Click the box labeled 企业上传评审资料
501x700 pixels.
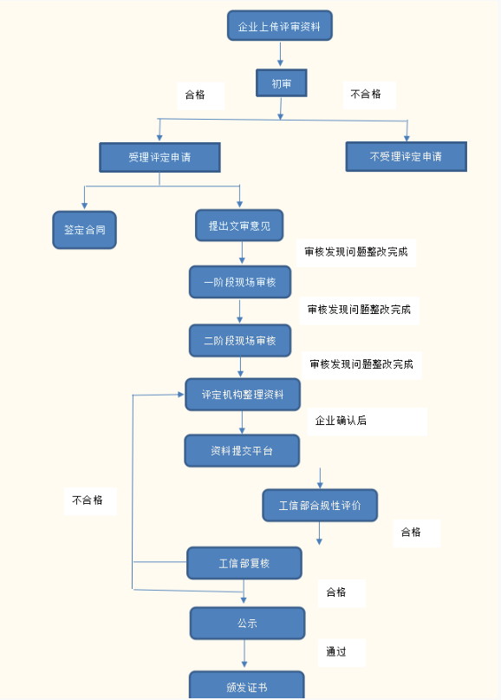pyautogui.click(x=280, y=26)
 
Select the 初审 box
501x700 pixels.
pyautogui.click(x=281, y=83)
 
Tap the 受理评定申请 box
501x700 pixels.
pyautogui.click(x=159, y=157)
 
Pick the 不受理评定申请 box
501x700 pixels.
pyautogui.click(x=406, y=156)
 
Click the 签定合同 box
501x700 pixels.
pyautogui.click(x=84, y=230)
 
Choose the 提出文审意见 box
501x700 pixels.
pyautogui.click(x=239, y=226)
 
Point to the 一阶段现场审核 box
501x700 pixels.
pyautogui.click(x=240, y=282)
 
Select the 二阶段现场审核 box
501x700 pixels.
pyautogui.click(x=240, y=341)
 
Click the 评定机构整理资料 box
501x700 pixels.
pyautogui.click(x=243, y=395)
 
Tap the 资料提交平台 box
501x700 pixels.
pyautogui.click(x=242, y=451)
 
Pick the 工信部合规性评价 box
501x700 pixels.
pyautogui.click(x=320, y=506)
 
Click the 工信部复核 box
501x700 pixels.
pyautogui.click(x=244, y=564)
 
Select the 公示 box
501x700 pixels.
pyautogui.click(x=247, y=623)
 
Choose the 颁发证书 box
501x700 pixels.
pyautogui.click(x=247, y=686)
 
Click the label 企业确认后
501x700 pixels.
pyautogui.click(x=341, y=421)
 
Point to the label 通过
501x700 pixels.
pyautogui.click(x=336, y=651)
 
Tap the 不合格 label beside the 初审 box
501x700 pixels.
pyautogui.click(x=366, y=94)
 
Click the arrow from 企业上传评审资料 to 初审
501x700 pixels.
pyautogui.click(x=280, y=55)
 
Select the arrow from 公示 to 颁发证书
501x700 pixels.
pyautogui.click(x=244, y=654)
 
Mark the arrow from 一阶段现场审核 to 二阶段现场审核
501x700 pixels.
pyautogui.click(x=239, y=311)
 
